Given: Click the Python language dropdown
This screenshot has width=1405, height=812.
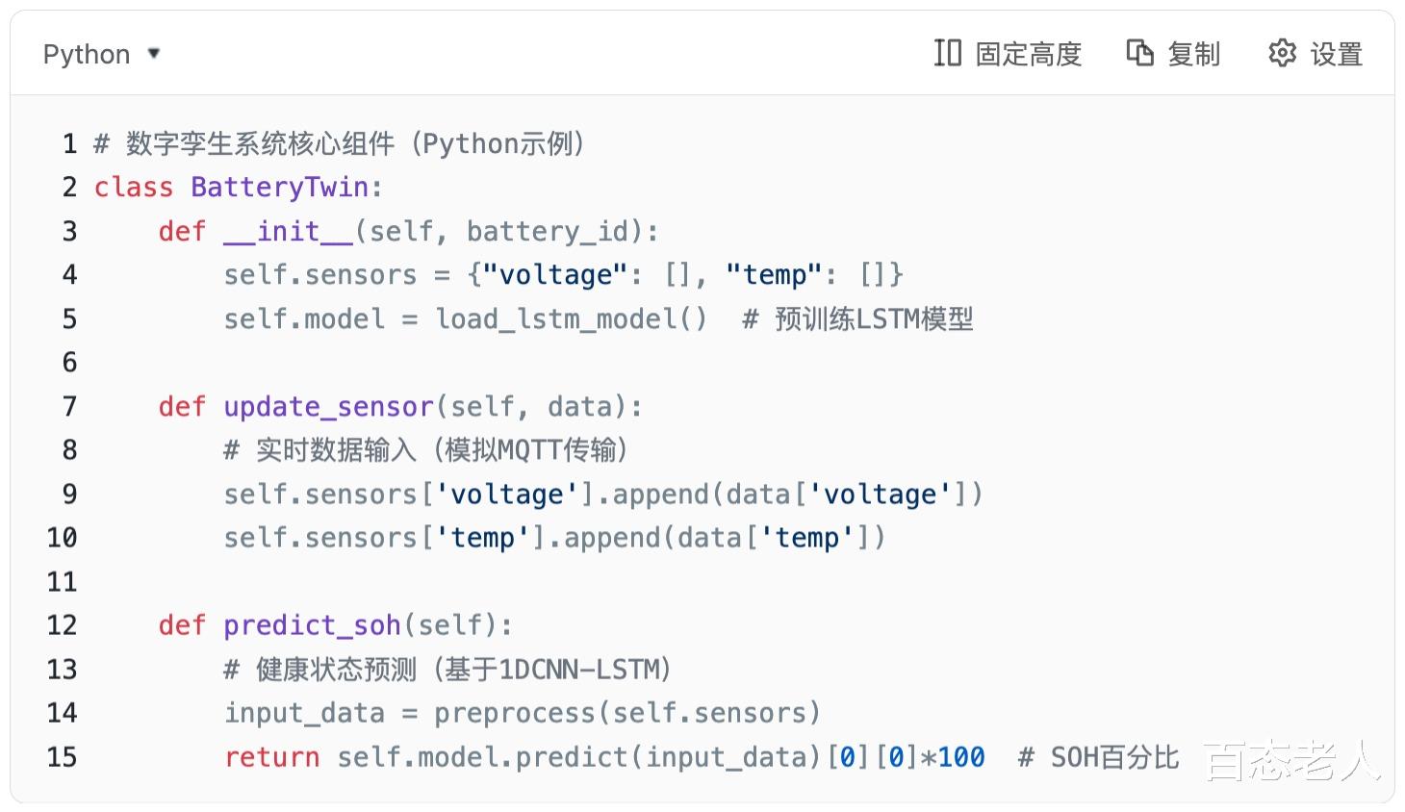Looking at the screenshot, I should pos(101,54).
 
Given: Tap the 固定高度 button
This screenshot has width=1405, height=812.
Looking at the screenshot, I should pos(1008,54).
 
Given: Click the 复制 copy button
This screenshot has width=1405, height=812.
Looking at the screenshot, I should pos(1173,54).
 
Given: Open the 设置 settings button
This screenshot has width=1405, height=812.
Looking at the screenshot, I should pos(1316,54).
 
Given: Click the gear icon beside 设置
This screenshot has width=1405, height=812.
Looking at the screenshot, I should pos(1282,53).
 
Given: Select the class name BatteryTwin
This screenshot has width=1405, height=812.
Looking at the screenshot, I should pos(279,187).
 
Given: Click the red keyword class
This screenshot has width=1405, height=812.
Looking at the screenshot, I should pos(133,187).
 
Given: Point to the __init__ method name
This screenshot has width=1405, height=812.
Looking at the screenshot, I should pos(288,232).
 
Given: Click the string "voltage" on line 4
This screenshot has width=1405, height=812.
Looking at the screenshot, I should pos(555,275).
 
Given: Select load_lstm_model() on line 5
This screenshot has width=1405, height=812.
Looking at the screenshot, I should pos(571,318).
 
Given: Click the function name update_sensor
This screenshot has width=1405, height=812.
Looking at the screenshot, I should pos(328,407).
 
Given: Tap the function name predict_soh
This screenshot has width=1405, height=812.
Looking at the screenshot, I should pos(312,625).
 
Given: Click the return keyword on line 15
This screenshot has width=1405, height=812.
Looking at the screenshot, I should pos(271,757).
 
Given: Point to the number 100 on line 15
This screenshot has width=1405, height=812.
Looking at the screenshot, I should pos(960,757).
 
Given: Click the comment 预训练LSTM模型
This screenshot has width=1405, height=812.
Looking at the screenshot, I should pos(873,318).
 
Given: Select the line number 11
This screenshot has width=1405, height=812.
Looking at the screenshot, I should pos(62,582).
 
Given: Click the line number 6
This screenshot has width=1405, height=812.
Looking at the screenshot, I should pos(69,363).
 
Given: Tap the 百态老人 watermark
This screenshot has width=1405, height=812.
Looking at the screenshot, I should pos(1292,761).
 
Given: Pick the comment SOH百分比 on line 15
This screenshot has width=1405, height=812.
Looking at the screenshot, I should pos(1113,757).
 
